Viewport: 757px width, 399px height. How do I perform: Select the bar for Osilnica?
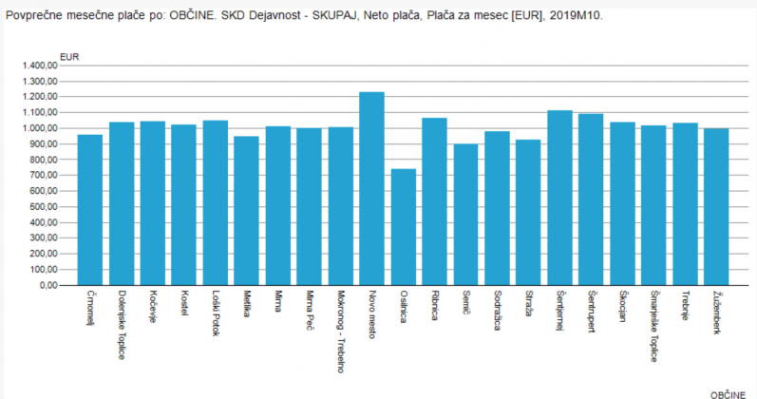403,227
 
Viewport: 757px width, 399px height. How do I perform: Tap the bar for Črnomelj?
89,210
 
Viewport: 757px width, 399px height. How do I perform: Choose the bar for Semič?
465,215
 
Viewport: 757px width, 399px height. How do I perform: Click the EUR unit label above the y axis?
69,56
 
